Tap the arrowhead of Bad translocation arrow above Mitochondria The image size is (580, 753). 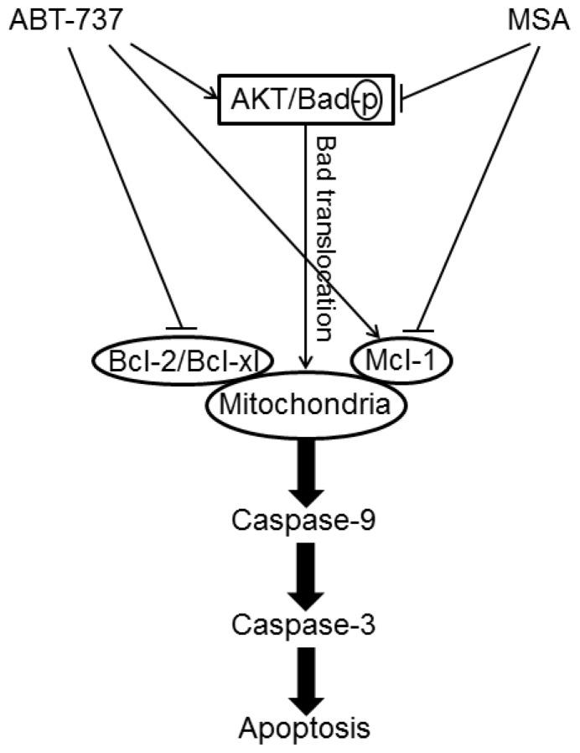tap(308, 362)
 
